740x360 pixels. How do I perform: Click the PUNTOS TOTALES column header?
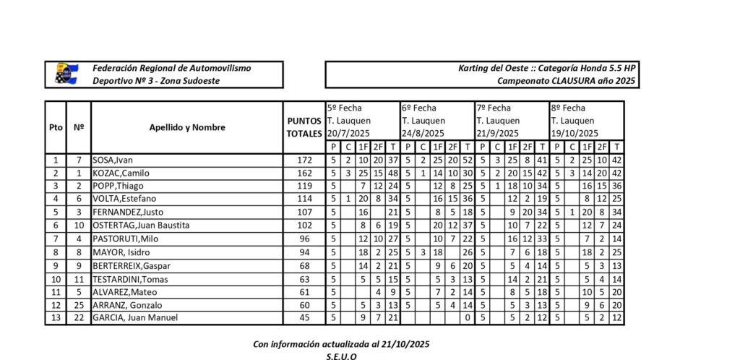tap(304, 127)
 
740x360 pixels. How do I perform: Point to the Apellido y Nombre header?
tap(187, 127)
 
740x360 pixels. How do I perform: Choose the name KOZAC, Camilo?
tap(121, 173)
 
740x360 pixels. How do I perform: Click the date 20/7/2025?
tap(350, 134)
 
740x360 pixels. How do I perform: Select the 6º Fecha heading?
tap(418, 108)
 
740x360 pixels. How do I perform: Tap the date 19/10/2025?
tap(575, 134)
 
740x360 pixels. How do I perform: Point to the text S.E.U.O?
tap(341, 356)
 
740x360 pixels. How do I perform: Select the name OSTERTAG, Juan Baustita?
tap(140, 225)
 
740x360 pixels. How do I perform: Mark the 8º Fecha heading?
tap(568, 108)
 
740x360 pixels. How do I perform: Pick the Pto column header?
tap(56, 127)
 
